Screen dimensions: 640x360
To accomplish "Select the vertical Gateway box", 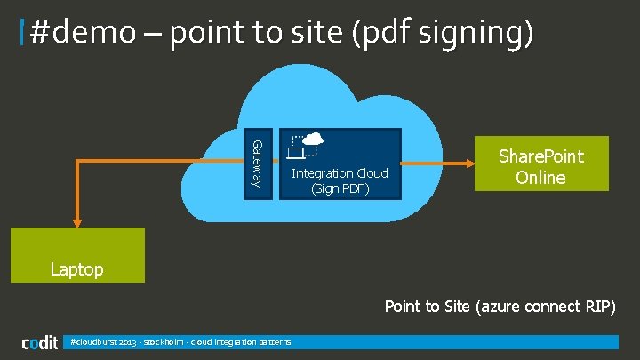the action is (x=257, y=164).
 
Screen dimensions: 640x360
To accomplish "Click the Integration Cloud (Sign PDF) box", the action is (x=340, y=164).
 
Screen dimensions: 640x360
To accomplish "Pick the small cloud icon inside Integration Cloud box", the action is (x=313, y=139).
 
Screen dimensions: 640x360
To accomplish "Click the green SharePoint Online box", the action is (x=540, y=164).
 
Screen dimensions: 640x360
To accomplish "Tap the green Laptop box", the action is (x=76, y=255).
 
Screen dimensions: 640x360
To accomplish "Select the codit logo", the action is (x=39, y=343).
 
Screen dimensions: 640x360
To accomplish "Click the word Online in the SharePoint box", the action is (x=540, y=177).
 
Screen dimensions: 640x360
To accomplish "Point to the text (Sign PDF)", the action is (x=340, y=188).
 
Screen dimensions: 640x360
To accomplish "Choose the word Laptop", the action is (x=76, y=268).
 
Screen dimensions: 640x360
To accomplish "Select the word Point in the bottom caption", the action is (x=404, y=307).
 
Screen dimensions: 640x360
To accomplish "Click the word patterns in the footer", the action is (x=273, y=342).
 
